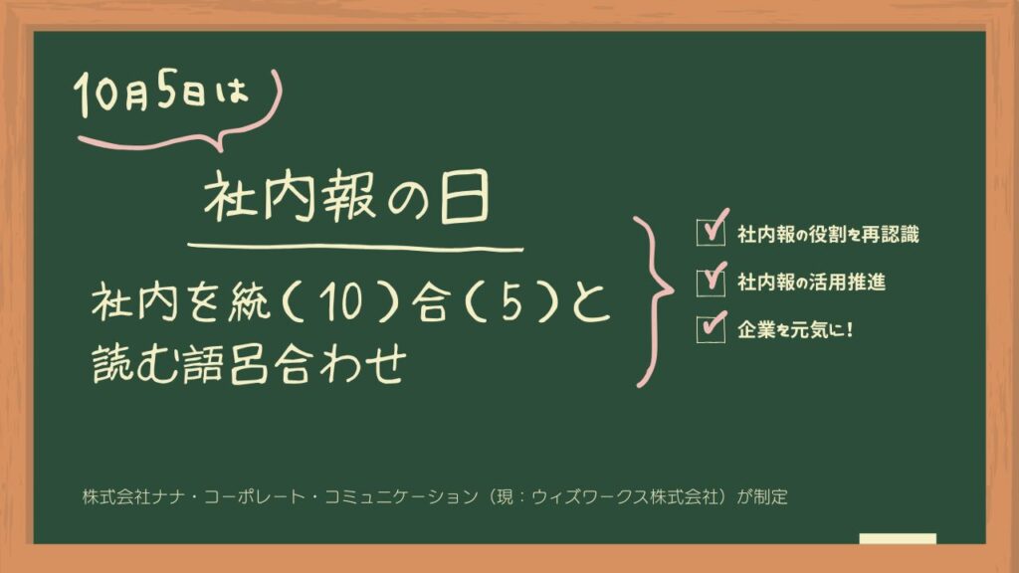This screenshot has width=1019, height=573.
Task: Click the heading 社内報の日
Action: coord(346,196)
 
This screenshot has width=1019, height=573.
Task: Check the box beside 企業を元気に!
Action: coord(711,328)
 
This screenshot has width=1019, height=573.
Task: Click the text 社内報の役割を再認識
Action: coord(828,234)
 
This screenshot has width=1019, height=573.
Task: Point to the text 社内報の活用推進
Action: coord(811,282)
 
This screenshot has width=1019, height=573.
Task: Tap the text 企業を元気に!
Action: coord(795,329)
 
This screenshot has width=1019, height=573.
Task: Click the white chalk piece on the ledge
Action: coord(898,538)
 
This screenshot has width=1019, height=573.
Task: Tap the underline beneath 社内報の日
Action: coord(355,247)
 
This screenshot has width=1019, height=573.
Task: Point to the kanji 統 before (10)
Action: coord(249,302)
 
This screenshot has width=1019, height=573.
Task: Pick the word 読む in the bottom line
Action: coord(135,364)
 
